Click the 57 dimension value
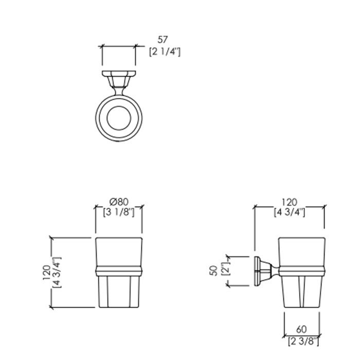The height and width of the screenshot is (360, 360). coord(163,40)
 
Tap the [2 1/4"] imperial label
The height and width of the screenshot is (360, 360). coord(165,51)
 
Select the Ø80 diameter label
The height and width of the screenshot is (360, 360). coord(119,202)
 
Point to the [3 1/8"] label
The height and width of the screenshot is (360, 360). coord(118,212)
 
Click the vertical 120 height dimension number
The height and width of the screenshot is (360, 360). coord(46,272)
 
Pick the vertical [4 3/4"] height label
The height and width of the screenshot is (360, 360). coord(57,272)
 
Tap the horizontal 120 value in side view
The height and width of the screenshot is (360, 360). coord(289,202)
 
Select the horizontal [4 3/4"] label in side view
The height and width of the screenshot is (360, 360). coord(290,212)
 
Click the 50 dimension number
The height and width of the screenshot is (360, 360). coord(213,271)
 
